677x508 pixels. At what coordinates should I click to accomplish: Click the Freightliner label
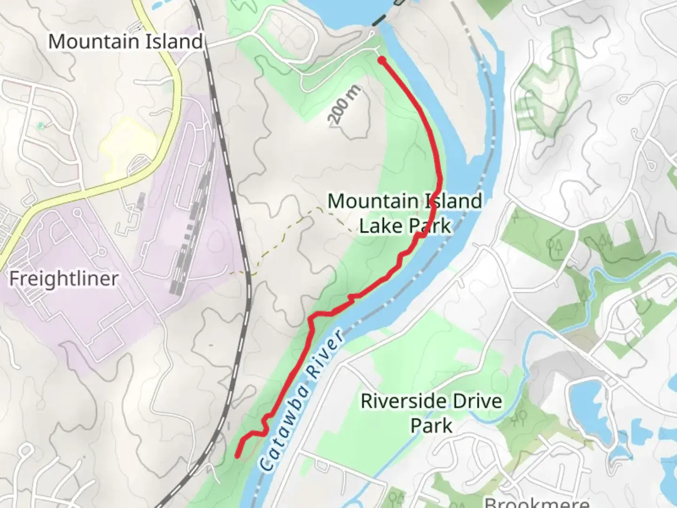[x=63, y=279]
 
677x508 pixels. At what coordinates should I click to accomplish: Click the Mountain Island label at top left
[x=125, y=41]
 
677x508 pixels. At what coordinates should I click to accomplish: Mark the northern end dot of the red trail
[x=382, y=60]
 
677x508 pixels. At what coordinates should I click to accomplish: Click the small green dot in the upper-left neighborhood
[x=40, y=126]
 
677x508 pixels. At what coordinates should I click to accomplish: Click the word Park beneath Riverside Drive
[x=431, y=426]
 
